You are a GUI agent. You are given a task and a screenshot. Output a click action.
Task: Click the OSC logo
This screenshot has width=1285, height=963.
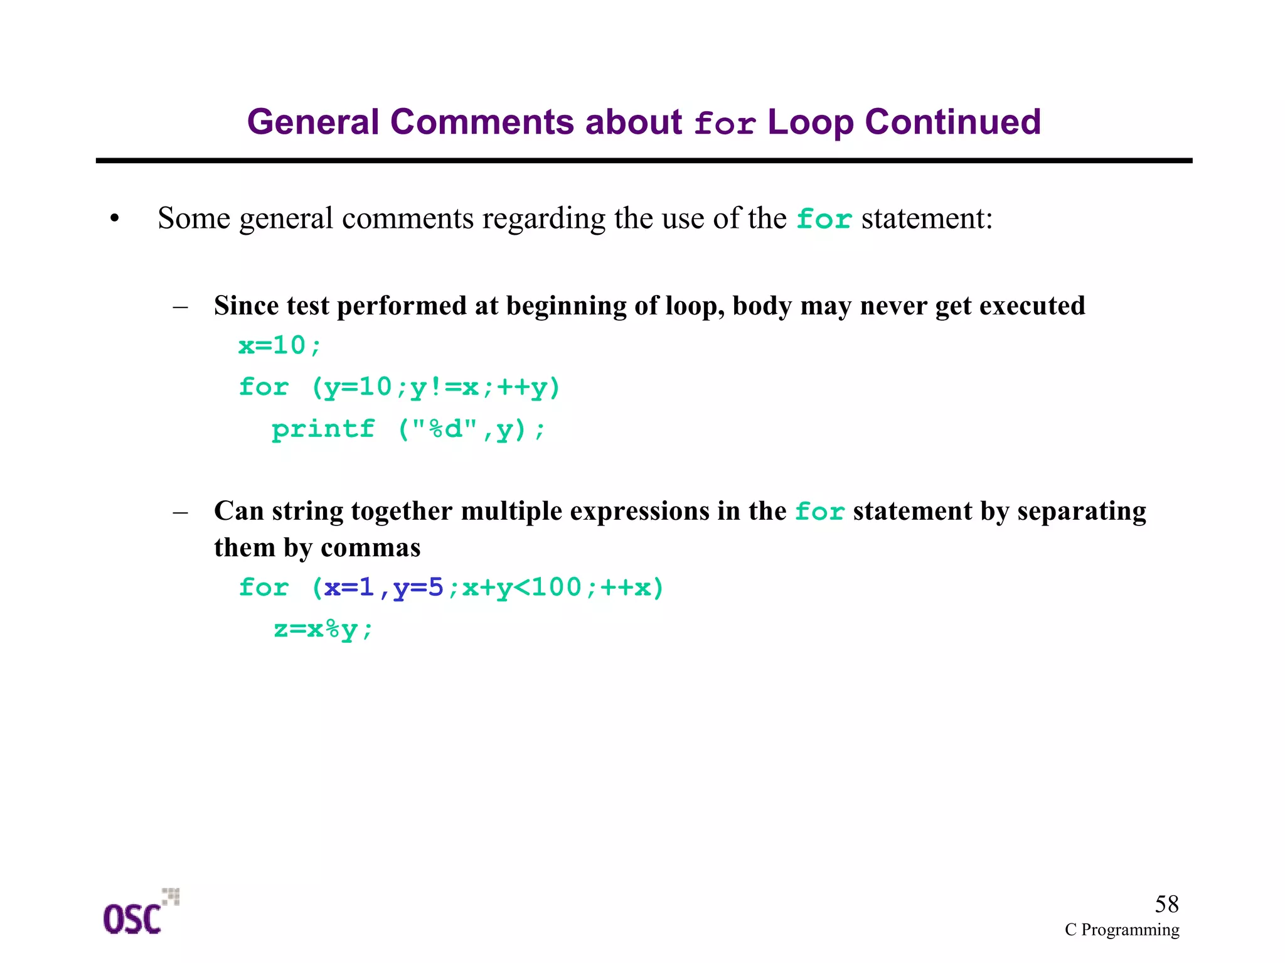tap(139, 913)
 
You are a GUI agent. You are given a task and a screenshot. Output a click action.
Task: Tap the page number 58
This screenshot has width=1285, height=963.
tap(1166, 904)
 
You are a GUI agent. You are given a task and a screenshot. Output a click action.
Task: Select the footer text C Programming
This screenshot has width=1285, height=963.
tap(1121, 930)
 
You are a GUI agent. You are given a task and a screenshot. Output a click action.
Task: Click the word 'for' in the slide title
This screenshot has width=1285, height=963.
tap(725, 123)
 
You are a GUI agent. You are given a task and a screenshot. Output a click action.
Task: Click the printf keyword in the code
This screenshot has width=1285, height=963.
tap(323, 429)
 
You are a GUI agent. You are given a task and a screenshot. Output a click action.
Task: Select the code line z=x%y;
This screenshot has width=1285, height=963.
tap(323, 628)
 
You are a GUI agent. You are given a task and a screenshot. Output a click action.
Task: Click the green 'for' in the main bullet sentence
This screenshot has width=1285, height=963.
tap(824, 219)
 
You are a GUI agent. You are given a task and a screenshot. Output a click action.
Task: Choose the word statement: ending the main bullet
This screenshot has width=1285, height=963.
tap(927, 218)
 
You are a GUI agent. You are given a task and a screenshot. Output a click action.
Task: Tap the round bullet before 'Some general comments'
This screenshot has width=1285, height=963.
tap(114, 219)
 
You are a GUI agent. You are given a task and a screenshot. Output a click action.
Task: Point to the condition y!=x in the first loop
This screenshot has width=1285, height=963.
tap(444, 387)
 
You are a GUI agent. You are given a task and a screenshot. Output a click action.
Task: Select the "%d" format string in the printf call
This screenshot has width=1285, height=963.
tap(444, 429)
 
